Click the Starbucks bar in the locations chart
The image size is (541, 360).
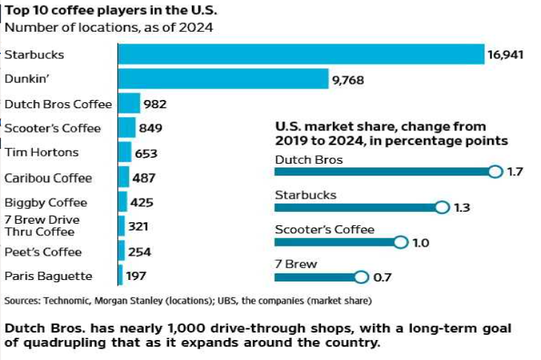coord(301,54)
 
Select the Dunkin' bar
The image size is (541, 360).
coord(223,79)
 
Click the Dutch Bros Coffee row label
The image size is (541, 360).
coord(58,104)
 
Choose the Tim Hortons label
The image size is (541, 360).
coord(42,153)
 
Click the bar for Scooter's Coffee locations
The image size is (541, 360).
coord(127,128)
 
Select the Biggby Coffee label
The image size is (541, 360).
coord(46,202)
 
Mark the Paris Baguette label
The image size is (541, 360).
coord(48,276)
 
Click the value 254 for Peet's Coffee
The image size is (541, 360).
coord(140,252)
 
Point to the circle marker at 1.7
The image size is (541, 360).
coord(496,172)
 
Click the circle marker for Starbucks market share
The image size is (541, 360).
coord(442,207)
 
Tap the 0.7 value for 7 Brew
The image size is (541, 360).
coord(382,278)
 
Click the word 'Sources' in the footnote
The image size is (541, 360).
coord(24,301)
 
